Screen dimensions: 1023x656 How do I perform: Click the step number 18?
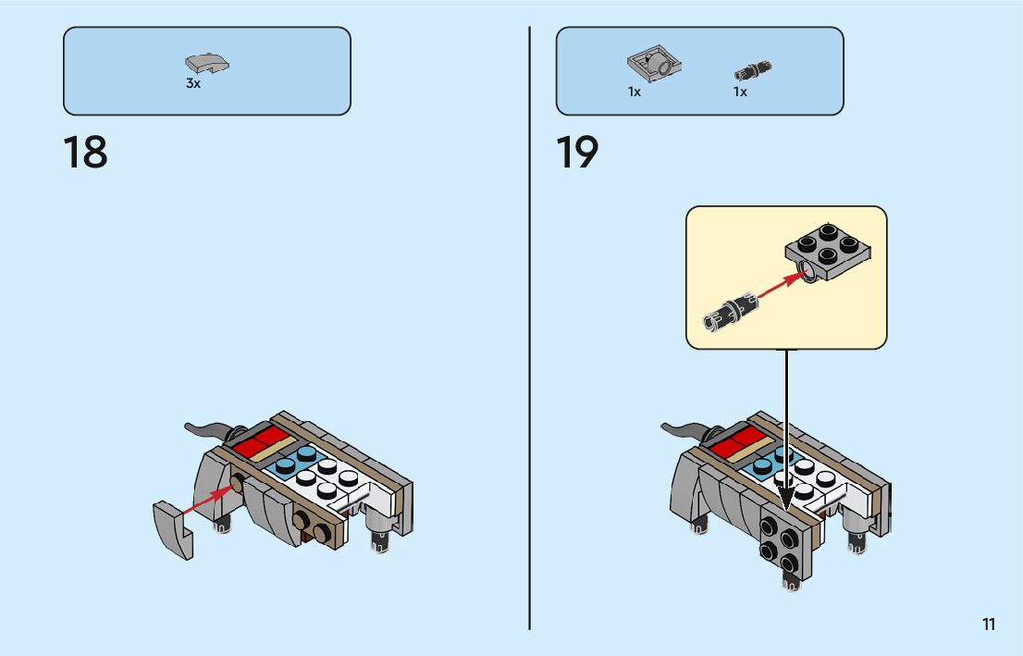pos(85,154)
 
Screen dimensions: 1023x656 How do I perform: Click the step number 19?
pos(577,154)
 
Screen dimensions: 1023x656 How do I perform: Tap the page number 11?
pos(989,625)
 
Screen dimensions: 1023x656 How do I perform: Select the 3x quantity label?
pos(192,84)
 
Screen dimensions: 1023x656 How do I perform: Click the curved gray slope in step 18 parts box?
pos(207,64)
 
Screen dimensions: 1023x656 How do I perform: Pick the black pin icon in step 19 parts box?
pos(753,69)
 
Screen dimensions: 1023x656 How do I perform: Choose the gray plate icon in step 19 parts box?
pos(655,65)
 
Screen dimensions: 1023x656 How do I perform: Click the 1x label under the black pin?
pos(740,93)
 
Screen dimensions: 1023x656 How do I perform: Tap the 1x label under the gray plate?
pos(635,93)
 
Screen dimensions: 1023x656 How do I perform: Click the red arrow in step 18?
pos(206,500)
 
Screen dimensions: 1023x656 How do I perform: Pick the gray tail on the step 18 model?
pos(210,428)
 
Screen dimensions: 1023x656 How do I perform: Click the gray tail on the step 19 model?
pos(686,428)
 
